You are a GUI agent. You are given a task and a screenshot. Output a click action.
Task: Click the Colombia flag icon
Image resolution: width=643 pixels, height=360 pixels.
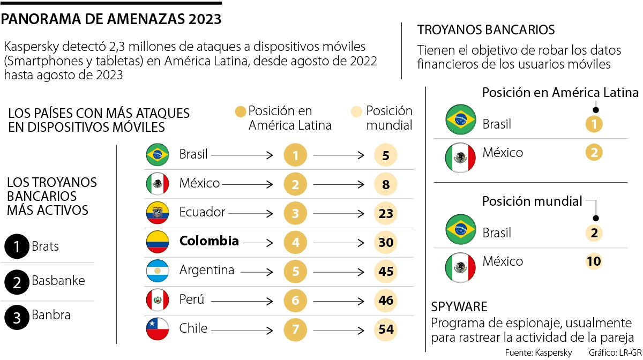(x=158, y=242)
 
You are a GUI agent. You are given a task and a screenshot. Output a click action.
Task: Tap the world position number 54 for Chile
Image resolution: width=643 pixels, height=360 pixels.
(x=386, y=329)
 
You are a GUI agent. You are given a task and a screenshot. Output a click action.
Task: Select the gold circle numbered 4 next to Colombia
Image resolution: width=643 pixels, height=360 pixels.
(x=295, y=242)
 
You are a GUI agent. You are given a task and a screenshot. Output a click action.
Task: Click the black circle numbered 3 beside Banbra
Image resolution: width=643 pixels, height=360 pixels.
(x=16, y=319)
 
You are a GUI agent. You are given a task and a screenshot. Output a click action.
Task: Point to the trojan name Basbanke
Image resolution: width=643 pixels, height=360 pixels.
(x=58, y=281)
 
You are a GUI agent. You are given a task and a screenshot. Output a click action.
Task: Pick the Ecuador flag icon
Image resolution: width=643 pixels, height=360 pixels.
(x=158, y=213)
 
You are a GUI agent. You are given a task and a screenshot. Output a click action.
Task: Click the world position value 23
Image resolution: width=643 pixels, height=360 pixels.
(x=386, y=213)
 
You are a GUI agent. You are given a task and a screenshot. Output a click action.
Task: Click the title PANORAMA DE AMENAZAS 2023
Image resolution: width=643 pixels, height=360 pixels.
(x=111, y=19)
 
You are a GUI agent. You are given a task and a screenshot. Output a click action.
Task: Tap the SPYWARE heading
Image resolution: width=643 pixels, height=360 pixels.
(x=459, y=306)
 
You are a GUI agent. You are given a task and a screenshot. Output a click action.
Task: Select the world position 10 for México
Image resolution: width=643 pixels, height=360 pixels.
(x=594, y=261)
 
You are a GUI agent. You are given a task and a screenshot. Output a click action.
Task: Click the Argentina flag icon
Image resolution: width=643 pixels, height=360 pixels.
(x=158, y=271)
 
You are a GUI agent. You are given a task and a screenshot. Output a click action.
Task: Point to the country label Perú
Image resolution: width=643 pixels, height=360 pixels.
(x=192, y=300)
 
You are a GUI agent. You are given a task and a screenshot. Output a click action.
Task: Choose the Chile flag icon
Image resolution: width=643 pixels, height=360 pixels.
(x=158, y=329)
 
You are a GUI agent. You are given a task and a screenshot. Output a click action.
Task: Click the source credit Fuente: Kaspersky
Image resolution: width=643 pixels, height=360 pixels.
(x=538, y=352)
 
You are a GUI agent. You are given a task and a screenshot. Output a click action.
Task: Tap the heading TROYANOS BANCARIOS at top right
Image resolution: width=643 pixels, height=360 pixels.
(x=485, y=30)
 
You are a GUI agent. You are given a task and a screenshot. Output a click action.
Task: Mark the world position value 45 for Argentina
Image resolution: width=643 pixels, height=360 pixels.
(x=386, y=271)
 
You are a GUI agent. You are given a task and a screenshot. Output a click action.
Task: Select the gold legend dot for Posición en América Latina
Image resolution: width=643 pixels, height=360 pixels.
(x=241, y=111)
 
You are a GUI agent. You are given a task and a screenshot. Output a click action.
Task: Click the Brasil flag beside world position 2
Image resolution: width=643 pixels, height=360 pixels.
(x=460, y=229)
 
